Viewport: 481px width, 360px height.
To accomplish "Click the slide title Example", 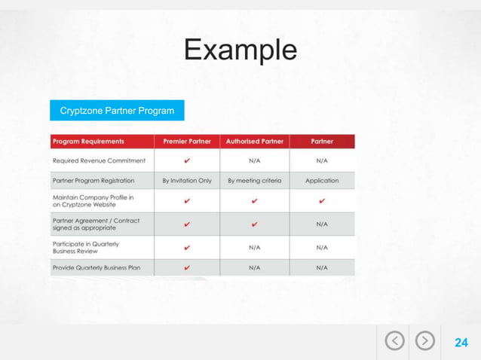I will click(240, 50).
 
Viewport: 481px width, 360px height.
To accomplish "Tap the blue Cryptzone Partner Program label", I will click(117, 111).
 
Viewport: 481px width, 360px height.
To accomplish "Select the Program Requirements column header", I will click(89, 141).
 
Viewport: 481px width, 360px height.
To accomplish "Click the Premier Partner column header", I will click(187, 141).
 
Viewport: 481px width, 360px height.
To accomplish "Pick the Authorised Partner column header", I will click(254, 141).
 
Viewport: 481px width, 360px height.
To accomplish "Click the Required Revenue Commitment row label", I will click(98, 160).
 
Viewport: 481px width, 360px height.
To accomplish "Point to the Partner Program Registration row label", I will click(93, 181).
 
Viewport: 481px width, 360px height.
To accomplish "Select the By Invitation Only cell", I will click(187, 181).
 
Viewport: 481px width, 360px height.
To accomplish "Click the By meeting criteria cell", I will click(254, 181).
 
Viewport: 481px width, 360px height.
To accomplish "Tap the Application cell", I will click(322, 181).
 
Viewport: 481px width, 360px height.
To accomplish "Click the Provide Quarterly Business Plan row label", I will click(97, 267).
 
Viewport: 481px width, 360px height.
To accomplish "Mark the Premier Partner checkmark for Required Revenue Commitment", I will click(187, 160).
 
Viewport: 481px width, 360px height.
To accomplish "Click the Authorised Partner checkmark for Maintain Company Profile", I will click(254, 201).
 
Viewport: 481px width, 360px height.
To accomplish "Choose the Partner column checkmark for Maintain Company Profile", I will click(322, 201).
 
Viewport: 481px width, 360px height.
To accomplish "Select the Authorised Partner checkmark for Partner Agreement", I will click(254, 224).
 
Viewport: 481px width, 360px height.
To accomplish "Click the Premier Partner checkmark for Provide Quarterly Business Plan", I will click(187, 267).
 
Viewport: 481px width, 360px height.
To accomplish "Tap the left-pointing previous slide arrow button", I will click(394, 342).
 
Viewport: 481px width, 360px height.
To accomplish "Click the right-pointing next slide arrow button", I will click(426, 342).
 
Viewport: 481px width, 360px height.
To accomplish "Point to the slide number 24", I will click(461, 343).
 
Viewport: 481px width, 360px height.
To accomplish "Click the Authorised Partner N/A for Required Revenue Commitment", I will click(254, 160).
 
